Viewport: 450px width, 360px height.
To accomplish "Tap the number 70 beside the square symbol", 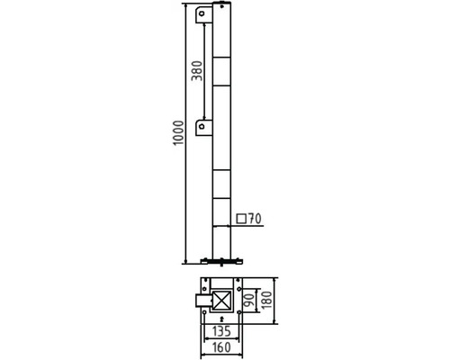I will [255, 219].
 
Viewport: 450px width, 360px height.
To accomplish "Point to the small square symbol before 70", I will [241, 219].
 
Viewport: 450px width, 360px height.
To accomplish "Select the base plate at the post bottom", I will [220, 261].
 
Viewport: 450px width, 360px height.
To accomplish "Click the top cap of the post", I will [220, 6].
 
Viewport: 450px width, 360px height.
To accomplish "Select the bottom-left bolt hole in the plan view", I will [204, 315].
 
